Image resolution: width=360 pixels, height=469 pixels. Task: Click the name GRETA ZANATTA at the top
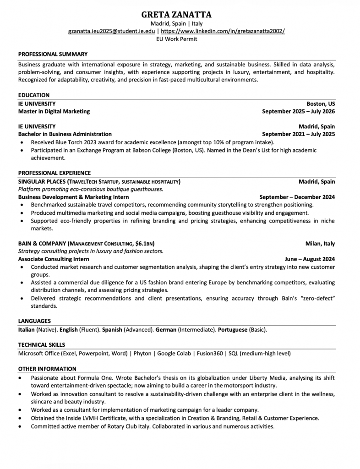(x=176, y=15)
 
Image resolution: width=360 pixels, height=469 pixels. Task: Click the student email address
(x=111, y=31)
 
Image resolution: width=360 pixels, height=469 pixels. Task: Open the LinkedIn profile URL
(x=222, y=31)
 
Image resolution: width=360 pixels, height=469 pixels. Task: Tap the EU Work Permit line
(x=176, y=39)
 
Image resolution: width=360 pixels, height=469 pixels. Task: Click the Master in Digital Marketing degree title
(x=54, y=111)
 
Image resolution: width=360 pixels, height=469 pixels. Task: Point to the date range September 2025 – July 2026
(x=298, y=111)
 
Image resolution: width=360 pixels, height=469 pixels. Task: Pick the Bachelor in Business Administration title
(x=65, y=134)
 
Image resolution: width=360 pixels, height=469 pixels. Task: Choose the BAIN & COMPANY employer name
(x=42, y=244)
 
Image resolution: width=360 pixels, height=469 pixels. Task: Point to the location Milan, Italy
(x=320, y=244)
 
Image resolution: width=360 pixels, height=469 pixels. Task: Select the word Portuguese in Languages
(x=232, y=329)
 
